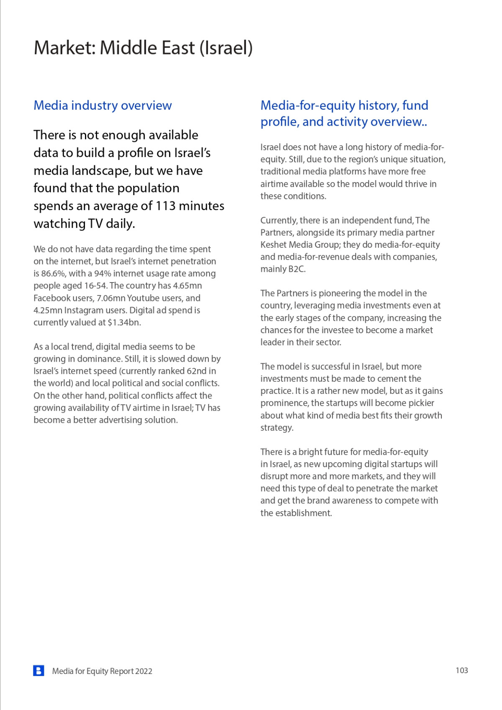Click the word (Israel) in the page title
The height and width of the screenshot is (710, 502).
pyautogui.click(x=226, y=48)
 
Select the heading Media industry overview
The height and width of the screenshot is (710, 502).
pyautogui.click(x=102, y=105)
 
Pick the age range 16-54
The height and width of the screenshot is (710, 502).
pyautogui.click(x=95, y=286)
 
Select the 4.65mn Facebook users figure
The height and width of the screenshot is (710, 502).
pyautogui.click(x=187, y=286)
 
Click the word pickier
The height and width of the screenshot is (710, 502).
pyautogui.click(x=419, y=403)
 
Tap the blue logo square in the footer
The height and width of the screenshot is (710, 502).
pyautogui.click(x=38, y=671)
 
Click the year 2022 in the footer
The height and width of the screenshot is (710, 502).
pyautogui.click(x=143, y=671)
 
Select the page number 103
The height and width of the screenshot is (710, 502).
pyautogui.click(x=461, y=671)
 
